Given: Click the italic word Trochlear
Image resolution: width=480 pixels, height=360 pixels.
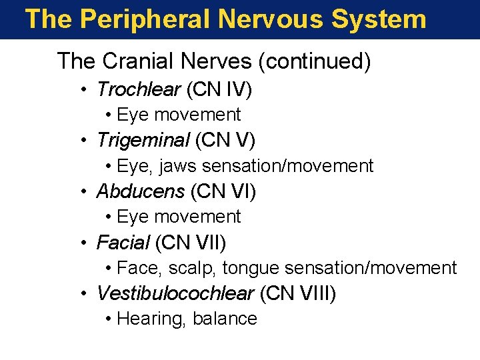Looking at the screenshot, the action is point(139,89).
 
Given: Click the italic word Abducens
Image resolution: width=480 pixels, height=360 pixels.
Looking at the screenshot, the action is point(140,191).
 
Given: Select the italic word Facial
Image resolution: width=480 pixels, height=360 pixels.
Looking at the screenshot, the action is point(123,243).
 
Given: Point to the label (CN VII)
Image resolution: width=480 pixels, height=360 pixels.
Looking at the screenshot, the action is point(191,243).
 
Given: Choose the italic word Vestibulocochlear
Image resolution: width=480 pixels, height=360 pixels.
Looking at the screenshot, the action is point(175,293).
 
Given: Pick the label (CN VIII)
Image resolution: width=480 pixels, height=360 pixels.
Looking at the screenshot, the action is point(298,293).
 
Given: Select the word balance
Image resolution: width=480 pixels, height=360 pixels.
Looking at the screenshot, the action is point(225,319).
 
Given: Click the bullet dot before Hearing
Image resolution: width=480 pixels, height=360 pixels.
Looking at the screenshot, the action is point(109,319).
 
